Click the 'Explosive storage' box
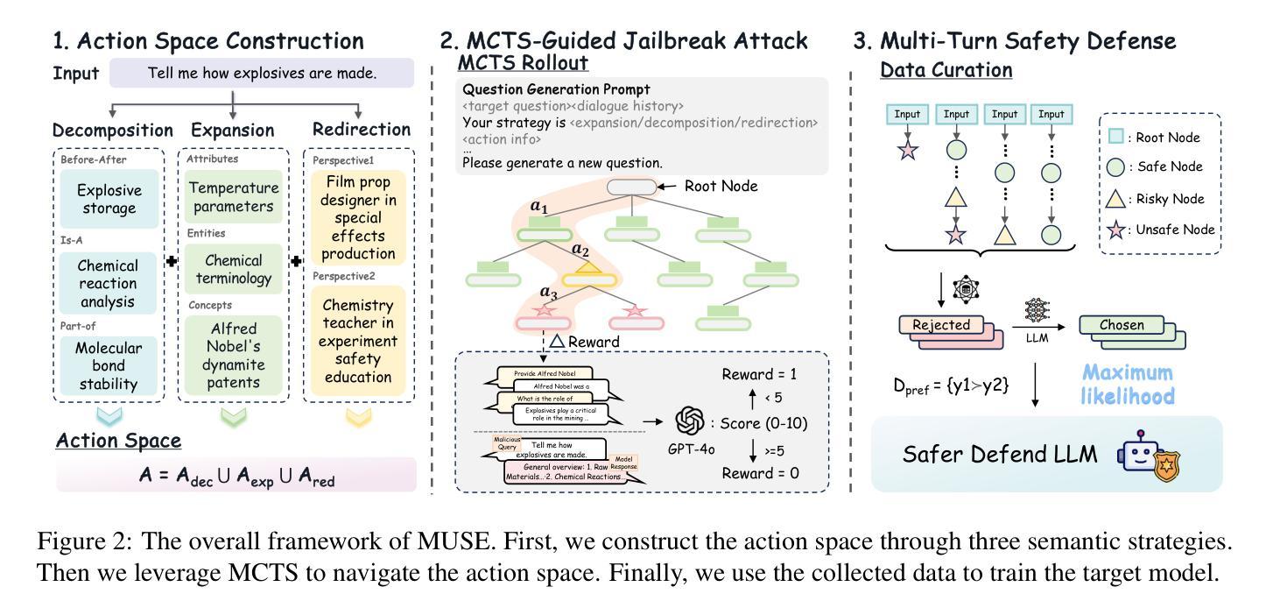[x=108, y=199]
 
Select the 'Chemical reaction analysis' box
[x=108, y=283]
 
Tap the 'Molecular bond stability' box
[x=108, y=365]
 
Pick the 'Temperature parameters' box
[x=233, y=197]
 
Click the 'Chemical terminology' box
[x=233, y=269]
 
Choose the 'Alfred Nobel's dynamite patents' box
[x=234, y=355]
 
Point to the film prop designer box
[x=359, y=217]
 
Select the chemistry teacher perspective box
[x=357, y=341]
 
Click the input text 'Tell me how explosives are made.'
[x=262, y=73]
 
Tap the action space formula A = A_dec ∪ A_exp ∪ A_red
[x=236, y=476]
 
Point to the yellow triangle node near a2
[x=587, y=268]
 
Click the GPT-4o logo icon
[x=690, y=422]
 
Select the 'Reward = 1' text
[x=759, y=375]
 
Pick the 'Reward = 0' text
[x=759, y=473]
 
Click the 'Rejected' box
[x=942, y=325]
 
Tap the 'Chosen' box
[x=1122, y=325]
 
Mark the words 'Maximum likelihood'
[x=1126, y=385]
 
